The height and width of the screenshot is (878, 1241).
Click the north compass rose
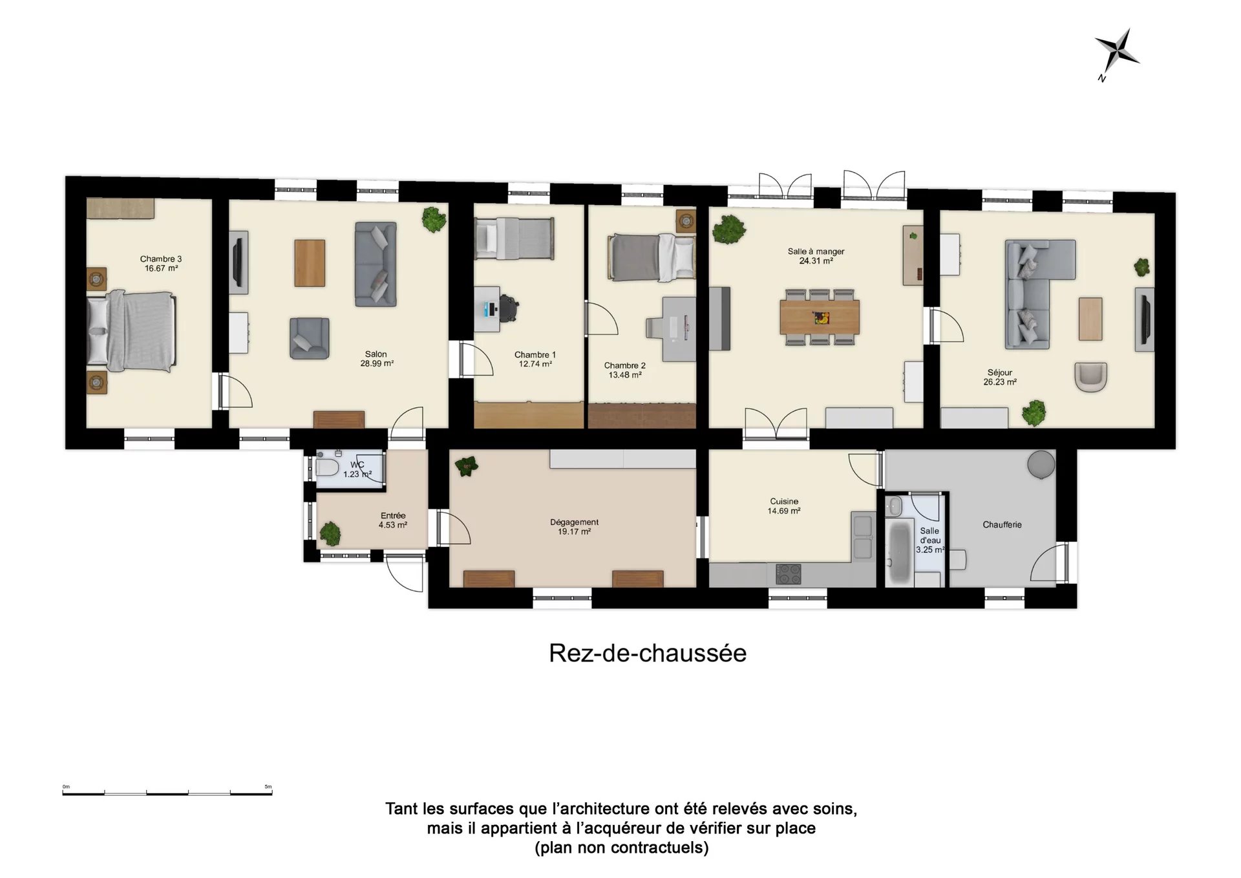point(1116,51)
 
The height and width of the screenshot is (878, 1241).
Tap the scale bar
point(167,792)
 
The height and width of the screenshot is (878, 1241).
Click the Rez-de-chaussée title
point(648,654)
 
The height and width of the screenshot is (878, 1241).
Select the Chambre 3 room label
point(161,259)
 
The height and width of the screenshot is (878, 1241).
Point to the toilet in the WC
point(328,467)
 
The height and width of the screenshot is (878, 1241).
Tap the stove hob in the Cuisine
point(787,574)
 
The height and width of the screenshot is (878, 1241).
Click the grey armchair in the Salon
point(309,338)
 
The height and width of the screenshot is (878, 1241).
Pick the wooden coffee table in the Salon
point(310,263)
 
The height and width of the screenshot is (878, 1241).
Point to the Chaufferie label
point(1002,525)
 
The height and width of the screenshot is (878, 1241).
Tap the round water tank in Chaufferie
point(1041,464)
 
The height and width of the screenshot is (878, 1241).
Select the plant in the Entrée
point(330,533)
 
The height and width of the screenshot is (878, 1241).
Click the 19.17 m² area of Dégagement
point(574,532)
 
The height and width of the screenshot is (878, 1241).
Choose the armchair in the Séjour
point(1091,377)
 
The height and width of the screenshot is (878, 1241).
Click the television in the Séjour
point(1144,319)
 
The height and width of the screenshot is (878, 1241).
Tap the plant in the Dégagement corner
point(466,466)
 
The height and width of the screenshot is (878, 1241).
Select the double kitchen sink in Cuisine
point(862,536)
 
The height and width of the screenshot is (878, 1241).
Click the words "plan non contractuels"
point(621,848)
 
